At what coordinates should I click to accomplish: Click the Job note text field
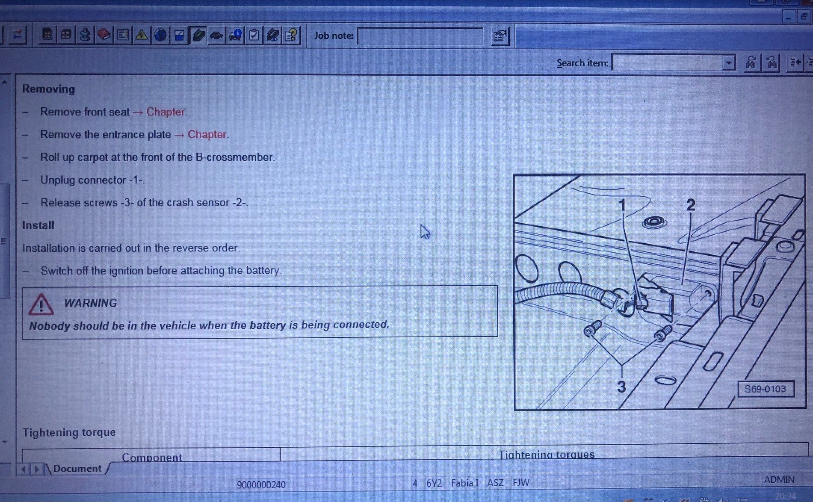tap(420, 36)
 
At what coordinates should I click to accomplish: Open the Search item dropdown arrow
tap(728, 63)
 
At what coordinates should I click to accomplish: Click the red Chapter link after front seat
tap(166, 112)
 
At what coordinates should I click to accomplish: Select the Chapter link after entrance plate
tap(207, 135)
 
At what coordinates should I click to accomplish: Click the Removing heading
tap(48, 89)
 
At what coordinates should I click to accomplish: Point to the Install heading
tap(38, 225)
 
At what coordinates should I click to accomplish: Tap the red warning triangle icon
tap(41, 304)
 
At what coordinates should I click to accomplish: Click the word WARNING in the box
tap(90, 303)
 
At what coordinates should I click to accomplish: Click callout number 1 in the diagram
tap(622, 205)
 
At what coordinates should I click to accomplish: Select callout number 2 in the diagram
tap(690, 205)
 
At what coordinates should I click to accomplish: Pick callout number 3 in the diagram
tap(621, 387)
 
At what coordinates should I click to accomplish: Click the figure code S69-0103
tap(765, 389)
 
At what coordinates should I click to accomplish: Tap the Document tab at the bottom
tap(77, 469)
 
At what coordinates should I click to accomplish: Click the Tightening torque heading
tap(69, 432)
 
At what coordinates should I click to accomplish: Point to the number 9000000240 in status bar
tap(261, 484)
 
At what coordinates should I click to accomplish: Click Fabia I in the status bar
tap(464, 483)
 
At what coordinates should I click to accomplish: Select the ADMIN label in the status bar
tap(779, 480)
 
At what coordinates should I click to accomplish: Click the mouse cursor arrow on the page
tap(425, 232)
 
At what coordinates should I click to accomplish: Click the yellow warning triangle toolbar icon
tap(142, 35)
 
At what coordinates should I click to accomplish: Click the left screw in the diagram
tap(592, 329)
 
